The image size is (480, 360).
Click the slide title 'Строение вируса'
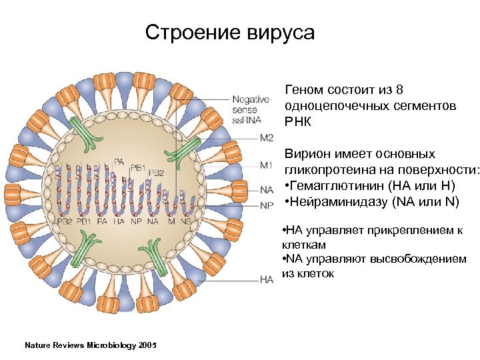pyautogui.click(x=229, y=33)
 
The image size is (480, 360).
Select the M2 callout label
pyautogui.click(x=266, y=138)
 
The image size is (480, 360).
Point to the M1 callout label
pyautogui.click(x=266, y=165)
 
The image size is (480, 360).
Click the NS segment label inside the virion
pyautogui.click(x=185, y=221)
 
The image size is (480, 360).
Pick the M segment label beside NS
pyautogui.click(x=172, y=221)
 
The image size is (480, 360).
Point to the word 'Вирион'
pyautogui.click(x=308, y=154)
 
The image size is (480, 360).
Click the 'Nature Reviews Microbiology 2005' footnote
pyautogui.click(x=90, y=345)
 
